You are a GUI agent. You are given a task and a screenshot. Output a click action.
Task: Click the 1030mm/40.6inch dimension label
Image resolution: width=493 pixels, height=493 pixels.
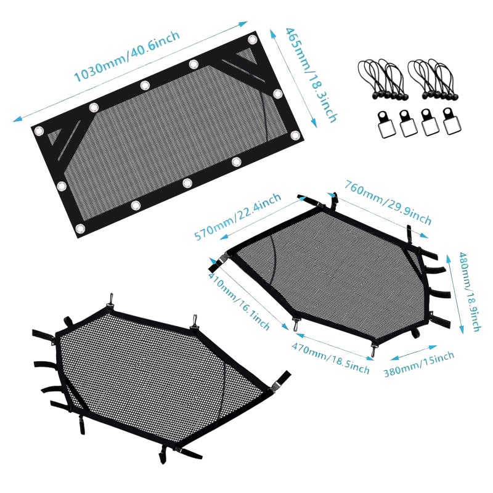[x=127, y=57]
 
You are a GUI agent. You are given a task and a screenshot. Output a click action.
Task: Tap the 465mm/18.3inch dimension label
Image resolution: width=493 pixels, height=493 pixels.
[x=311, y=75]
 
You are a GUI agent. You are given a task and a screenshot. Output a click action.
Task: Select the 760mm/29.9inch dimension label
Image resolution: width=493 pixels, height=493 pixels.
[x=388, y=202]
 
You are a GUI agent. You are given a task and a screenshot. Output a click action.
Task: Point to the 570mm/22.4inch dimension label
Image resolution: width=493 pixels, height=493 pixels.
[x=237, y=216]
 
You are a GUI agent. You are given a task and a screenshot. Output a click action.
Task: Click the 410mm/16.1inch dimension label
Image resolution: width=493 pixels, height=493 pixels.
[x=239, y=301]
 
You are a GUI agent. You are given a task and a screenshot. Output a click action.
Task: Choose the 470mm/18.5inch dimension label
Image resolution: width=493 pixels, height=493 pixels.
[x=330, y=358]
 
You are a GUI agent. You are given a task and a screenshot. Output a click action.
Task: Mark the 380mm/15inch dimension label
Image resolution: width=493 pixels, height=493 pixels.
[x=419, y=364]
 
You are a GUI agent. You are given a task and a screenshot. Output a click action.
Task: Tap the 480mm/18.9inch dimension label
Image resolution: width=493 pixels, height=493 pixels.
[x=469, y=291]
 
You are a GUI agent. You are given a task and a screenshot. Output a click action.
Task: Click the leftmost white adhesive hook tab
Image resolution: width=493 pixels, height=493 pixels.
[x=386, y=124]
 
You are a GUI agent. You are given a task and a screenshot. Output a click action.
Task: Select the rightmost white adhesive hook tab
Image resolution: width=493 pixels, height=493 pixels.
[x=451, y=121]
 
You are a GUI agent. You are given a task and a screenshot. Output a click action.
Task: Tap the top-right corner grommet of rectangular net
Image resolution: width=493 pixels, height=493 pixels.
[x=252, y=39]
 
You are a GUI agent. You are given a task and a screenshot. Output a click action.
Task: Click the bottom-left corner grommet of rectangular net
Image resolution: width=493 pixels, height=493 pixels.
[x=80, y=229]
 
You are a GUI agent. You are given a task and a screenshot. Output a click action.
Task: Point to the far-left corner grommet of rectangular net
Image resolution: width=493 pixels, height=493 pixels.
[x=39, y=131]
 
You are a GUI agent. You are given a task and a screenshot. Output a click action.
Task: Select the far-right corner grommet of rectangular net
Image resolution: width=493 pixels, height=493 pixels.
[x=295, y=136]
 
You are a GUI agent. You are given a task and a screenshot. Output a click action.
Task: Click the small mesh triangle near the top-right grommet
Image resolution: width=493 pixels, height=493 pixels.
[x=247, y=55]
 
